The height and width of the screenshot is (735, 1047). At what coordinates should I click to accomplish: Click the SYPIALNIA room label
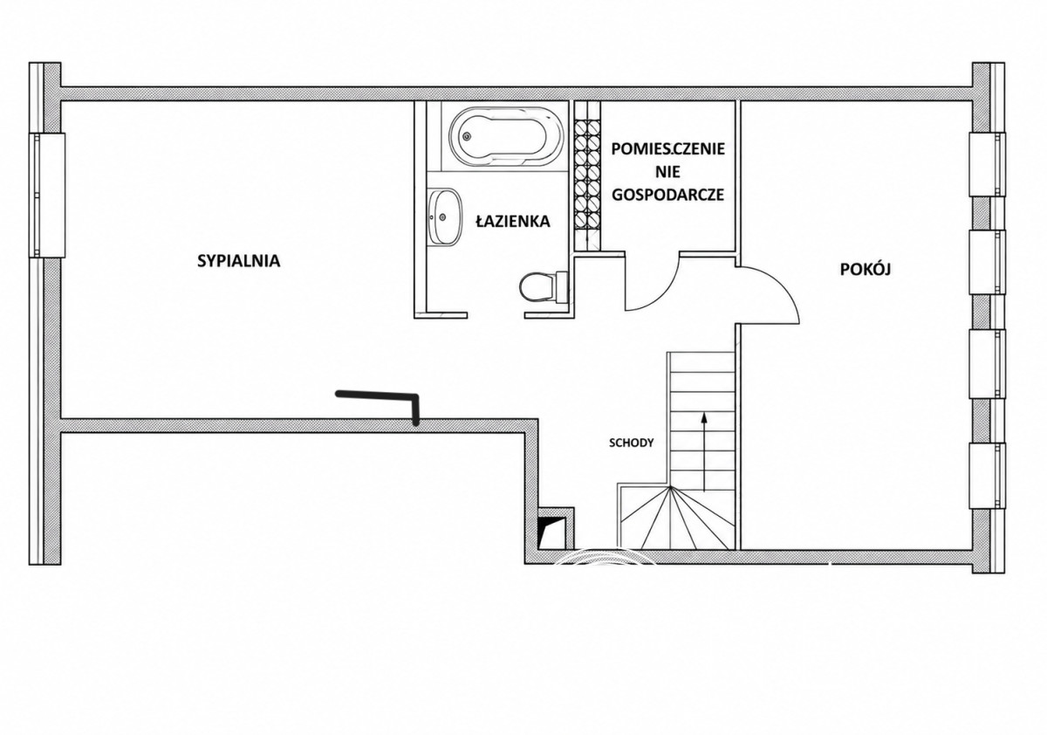[x=238, y=261]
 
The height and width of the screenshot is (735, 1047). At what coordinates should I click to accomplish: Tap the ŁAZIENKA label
[x=513, y=221]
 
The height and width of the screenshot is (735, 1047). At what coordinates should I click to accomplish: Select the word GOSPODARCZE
[x=668, y=195]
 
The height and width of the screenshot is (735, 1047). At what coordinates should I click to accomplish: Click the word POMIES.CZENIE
[x=668, y=149]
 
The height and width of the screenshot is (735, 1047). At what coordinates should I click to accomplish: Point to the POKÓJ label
[x=866, y=269]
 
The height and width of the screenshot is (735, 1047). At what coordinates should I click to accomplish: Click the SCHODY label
[x=631, y=443]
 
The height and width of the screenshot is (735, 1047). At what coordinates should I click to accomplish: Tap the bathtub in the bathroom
[x=507, y=137]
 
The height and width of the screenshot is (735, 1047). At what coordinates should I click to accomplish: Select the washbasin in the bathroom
[x=444, y=216]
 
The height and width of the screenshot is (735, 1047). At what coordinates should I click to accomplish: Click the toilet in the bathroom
[x=544, y=287]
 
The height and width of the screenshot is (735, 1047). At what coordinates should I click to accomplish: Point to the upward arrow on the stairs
[x=703, y=451]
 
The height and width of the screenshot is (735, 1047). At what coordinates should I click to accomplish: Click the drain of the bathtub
[x=466, y=137]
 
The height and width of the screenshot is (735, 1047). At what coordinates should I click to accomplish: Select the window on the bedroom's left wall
[x=47, y=195]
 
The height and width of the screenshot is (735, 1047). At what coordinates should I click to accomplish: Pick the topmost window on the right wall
[x=986, y=165]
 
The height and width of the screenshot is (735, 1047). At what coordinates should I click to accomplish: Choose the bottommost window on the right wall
[x=986, y=475]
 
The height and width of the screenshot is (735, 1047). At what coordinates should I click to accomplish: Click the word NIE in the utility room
[x=668, y=172]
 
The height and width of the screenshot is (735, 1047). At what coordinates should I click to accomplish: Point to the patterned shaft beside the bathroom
[x=587, y=176]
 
